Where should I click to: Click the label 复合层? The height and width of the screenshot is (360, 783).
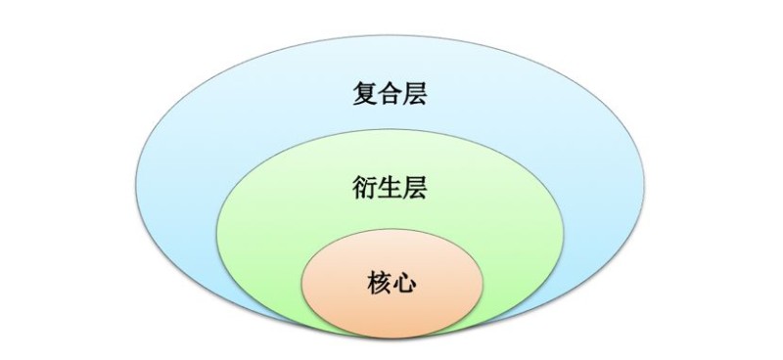[391, 94]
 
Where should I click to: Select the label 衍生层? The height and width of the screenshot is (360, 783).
[391, 186]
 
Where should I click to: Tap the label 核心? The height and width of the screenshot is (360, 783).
[391, 283]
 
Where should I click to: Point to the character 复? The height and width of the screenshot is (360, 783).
[365, 94]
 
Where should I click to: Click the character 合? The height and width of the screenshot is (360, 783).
[391, 94]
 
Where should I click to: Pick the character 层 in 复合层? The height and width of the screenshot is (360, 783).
[416, 94]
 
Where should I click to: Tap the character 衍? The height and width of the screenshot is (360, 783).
[365, 186]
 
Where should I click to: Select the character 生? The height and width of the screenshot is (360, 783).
[391, 186]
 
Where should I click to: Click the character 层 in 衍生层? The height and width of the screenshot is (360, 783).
[416, 186]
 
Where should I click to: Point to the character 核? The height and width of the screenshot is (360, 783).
[378, 283]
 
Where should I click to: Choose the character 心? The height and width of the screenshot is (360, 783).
[403, 283]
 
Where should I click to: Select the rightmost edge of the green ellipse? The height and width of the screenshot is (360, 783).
[566, 235]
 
